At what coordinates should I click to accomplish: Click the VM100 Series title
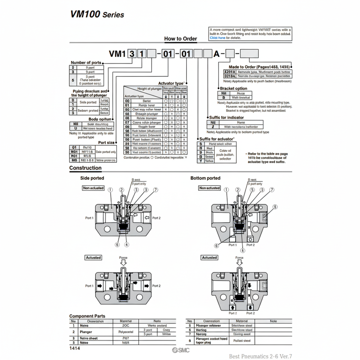pyautogui.click(x=97, y=15)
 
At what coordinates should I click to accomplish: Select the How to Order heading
pyautogui.click(x=180, y=39)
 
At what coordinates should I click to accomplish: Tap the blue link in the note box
pyautogui.click(x=217, y=37)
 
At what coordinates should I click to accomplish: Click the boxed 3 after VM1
pyautogui.click(x=132, y=54)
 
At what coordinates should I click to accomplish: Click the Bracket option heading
pyautogui.click(x=234, y=88)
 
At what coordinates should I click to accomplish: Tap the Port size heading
pyautogui.click(x=106, y=142)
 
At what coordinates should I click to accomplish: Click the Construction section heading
pyautogui.click(x=85, y=168)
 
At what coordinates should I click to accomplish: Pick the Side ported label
pyautogui.click(x=92, y=178)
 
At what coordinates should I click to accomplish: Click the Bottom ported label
pyautogui.click(x=205, y=178)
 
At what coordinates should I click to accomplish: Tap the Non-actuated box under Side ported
pyautogui.click(x=93, y=188)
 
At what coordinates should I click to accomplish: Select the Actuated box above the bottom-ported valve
pyautogui.click(x=209, y=258)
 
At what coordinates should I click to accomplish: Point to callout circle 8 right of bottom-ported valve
pyautogui.click(x=275, y=206)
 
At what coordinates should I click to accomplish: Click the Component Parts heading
pyautogui.click(x=87, y=316)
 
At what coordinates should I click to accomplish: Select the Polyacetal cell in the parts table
pyautogui.click(x=126, y=332)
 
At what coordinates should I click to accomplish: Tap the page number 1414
pyautogui.click(x=75, y=348)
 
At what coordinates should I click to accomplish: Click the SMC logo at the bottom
pyautogui.click(x=181, y=350)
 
